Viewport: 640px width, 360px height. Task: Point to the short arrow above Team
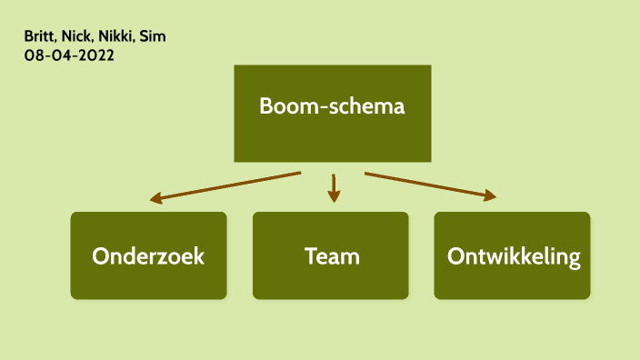334,187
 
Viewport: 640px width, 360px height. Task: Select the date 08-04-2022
69,55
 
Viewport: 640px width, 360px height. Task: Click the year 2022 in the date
96,55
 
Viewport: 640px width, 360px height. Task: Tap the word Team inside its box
332,256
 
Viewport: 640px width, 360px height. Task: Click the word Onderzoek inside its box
148,256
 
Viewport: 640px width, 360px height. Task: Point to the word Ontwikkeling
514,256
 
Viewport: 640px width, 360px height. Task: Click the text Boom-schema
332,105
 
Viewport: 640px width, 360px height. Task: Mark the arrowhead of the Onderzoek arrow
156,197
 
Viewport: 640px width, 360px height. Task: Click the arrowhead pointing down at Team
334,196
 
